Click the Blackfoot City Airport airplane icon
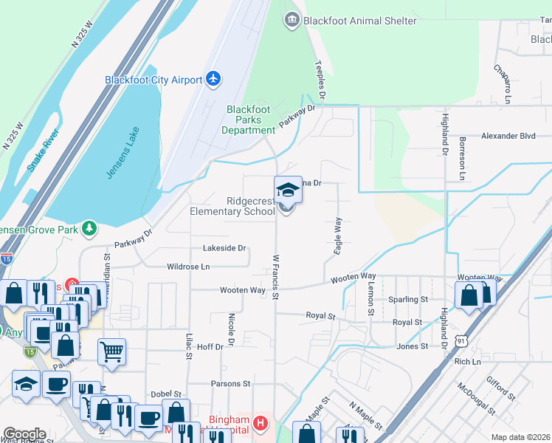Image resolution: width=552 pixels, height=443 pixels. (x=214, y=79)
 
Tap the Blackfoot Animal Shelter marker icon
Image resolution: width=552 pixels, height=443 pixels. (x=292, y=20)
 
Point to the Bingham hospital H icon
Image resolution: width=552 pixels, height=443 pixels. (x=260, y=424)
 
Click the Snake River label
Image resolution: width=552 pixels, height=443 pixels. (x=44, y=151)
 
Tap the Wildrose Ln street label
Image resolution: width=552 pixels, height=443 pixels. (x=188, y=266)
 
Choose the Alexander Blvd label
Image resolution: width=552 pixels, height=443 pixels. (x=508, y=136)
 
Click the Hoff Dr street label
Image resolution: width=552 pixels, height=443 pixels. (x=210, y=346)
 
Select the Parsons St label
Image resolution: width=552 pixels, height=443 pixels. (x=231, y=384)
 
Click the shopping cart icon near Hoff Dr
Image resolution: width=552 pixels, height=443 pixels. (x=111, y=351)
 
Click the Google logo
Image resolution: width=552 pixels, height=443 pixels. (x=24, y=435)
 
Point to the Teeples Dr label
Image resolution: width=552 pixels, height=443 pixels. (x=321, y=80)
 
